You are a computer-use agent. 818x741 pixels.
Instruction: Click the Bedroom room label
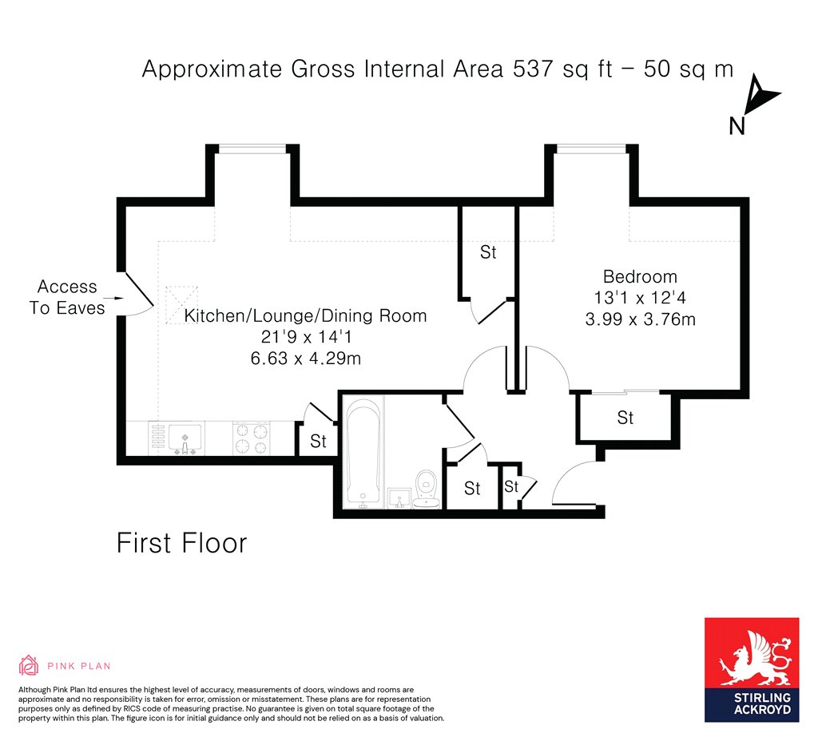[640, 276]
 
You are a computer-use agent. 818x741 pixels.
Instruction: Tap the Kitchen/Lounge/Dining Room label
[305, 316]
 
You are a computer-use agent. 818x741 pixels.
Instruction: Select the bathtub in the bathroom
[363, 451]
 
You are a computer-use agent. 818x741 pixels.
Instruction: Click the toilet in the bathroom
[427, 489]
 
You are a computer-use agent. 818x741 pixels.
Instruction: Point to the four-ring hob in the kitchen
[252, 438]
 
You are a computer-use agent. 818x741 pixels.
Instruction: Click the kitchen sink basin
[185, 437]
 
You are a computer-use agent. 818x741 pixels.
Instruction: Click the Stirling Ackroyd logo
[752, 670]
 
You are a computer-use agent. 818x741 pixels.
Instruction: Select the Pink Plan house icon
[29, 665]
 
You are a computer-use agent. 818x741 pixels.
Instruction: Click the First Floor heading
[181, 543]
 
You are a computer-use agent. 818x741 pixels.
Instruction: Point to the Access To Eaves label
[67, 297]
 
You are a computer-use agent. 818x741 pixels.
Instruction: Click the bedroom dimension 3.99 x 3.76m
[640, 319]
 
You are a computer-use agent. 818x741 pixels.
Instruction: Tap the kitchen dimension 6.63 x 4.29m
[305, 359]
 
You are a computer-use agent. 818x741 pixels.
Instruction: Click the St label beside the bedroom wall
[488, 252]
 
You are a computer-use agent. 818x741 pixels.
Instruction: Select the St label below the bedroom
[625, 418]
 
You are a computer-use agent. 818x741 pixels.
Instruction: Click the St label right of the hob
[318, 441]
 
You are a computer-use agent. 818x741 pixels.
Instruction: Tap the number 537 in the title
[533, 69]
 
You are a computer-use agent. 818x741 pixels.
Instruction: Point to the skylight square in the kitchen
[181, 305]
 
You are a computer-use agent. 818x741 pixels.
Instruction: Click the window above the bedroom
[591, 149]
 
